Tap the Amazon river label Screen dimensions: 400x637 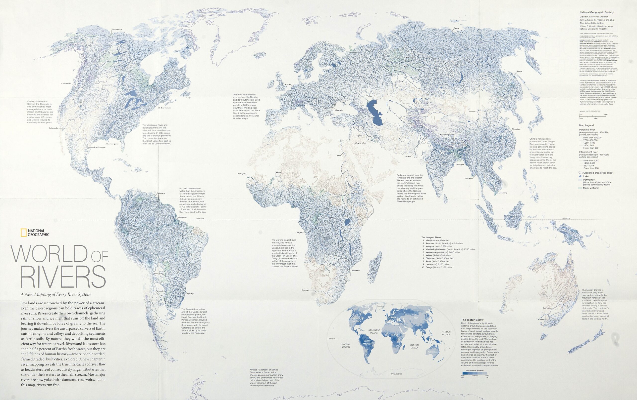[x=182, y=217]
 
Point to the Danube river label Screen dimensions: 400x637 [x=339, y=110]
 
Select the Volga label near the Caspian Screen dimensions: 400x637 [x=369, y=96]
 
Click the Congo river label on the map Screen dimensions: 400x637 [x=299, y=233]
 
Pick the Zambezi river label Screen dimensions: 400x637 [x=356, y=271]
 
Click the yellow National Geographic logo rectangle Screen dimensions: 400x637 [x=24, y=233]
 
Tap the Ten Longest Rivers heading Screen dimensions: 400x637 [x=431, y=238]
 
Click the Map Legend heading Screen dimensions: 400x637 [x=586, y=125]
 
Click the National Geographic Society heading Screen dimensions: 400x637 [x=596, y=12]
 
